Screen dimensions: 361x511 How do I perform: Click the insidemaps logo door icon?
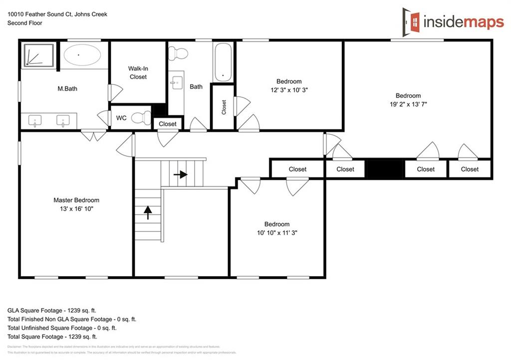coord(412,20)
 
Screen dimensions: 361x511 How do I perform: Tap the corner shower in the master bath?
coord(39,54)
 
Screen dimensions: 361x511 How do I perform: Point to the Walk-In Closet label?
coord(138,72)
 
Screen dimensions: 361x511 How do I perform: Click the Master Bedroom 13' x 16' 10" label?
coord(76,204)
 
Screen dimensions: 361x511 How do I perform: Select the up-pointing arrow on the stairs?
coord(148,213)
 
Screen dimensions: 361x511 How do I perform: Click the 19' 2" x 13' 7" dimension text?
coord(408,104)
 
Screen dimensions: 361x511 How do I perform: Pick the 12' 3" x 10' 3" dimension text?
coord(289,90)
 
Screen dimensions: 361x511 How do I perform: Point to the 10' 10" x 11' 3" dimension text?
coord(277,233)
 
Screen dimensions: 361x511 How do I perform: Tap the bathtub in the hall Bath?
coord(223,62)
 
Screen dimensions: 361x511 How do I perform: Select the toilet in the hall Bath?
coord(178,52)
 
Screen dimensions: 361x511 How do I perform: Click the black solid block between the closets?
coord(385,169)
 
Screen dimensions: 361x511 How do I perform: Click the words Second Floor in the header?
coord(25,23)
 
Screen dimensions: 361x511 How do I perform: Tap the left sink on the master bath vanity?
coord(34,120)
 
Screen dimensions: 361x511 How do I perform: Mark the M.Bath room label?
coord(67,89)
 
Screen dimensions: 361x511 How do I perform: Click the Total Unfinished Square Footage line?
coord(62,328)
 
